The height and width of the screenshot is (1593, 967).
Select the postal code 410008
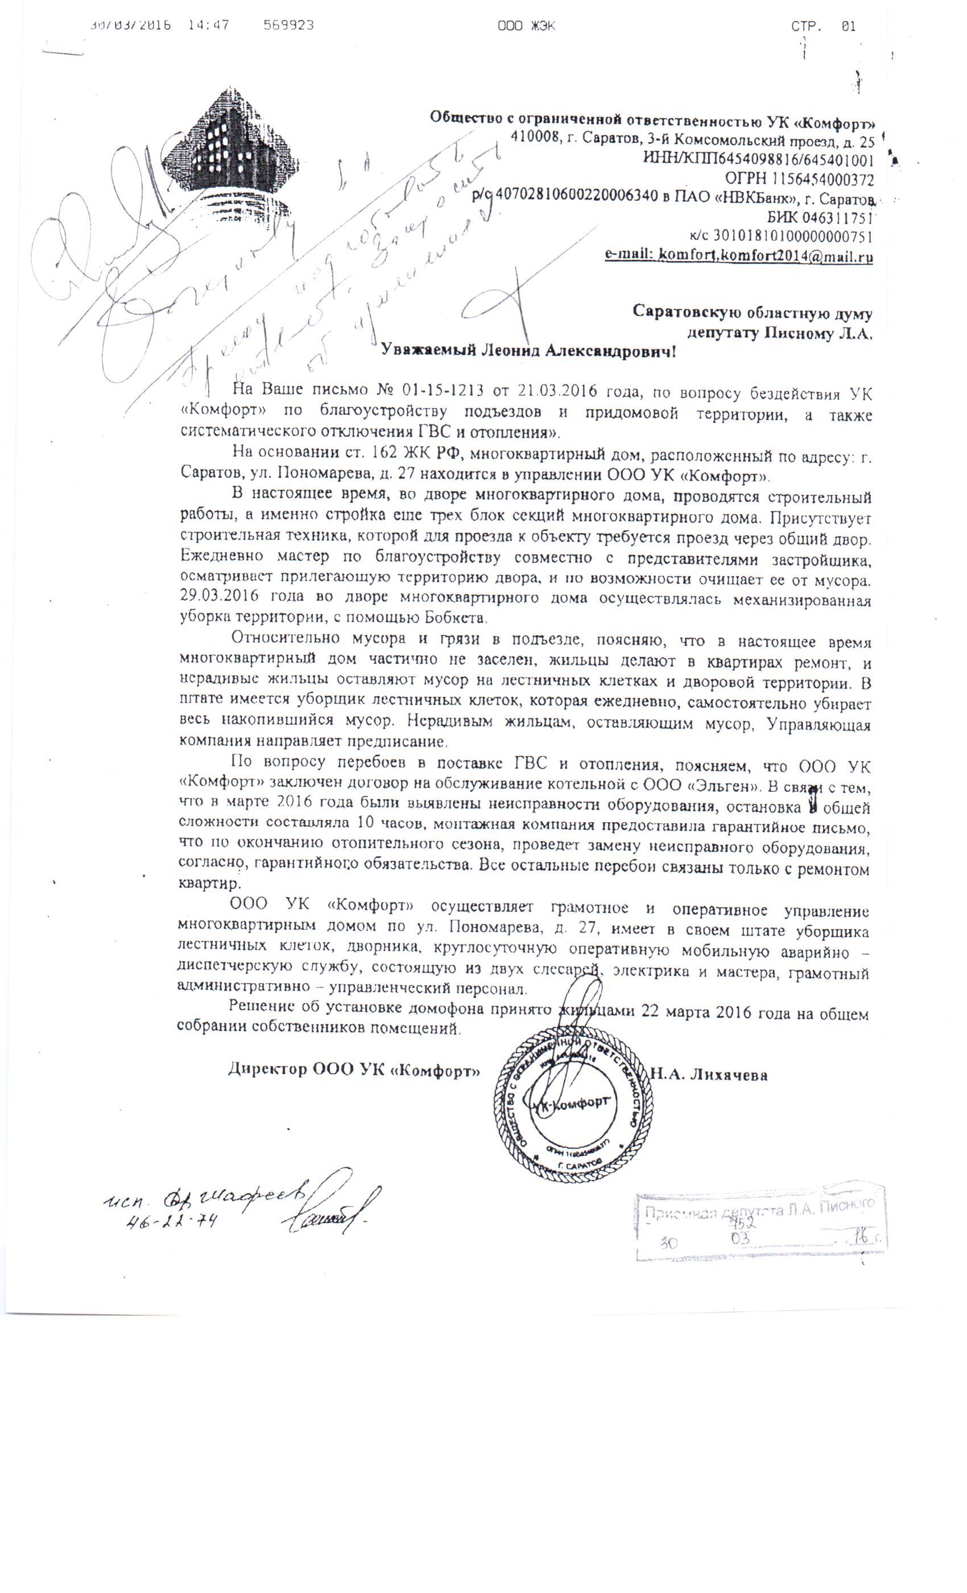click(x=535, y=137)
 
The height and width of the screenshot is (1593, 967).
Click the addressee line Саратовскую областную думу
click(x=753, y=313)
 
